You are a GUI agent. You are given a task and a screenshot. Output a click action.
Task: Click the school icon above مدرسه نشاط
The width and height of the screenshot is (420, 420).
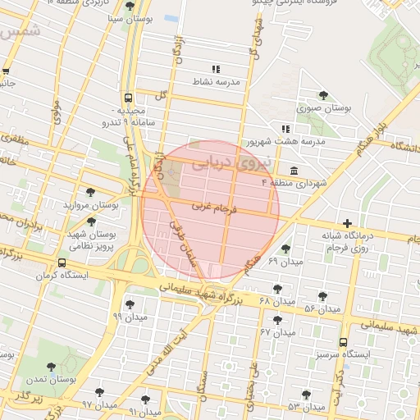(x=216, y=69)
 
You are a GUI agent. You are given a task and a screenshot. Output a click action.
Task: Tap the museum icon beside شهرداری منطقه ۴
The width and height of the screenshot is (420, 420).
(x=293, y=169)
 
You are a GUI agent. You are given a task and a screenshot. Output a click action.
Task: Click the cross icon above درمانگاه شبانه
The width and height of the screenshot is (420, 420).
(x=348, y=223)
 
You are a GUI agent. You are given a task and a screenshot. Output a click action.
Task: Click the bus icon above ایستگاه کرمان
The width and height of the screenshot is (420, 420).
(x=62, y=263)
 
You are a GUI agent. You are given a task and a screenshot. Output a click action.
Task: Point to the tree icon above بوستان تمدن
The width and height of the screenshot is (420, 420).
(x=52, y=367)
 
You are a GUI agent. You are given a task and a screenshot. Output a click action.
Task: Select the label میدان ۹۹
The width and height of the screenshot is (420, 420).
(x=129, y=315)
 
